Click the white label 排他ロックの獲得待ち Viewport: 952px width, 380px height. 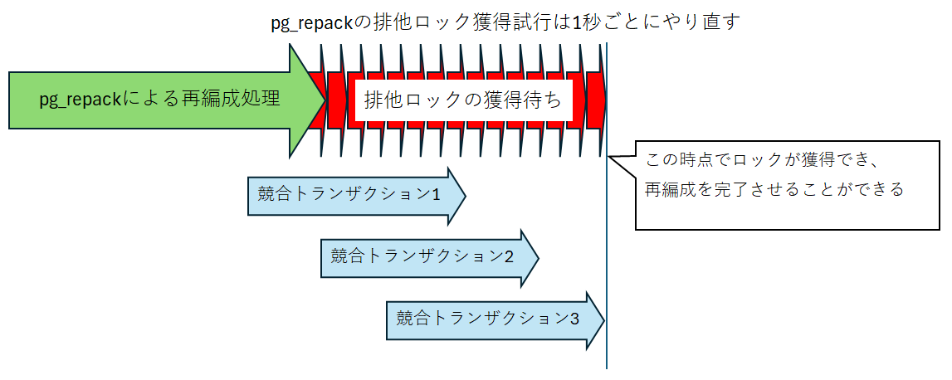(462, 101)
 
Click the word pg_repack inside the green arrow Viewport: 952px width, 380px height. (81, 100)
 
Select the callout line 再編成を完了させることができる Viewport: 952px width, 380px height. (774, 189)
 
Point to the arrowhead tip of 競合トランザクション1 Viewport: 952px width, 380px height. (465, 197)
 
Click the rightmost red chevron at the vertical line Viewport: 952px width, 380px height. (597, 100)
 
